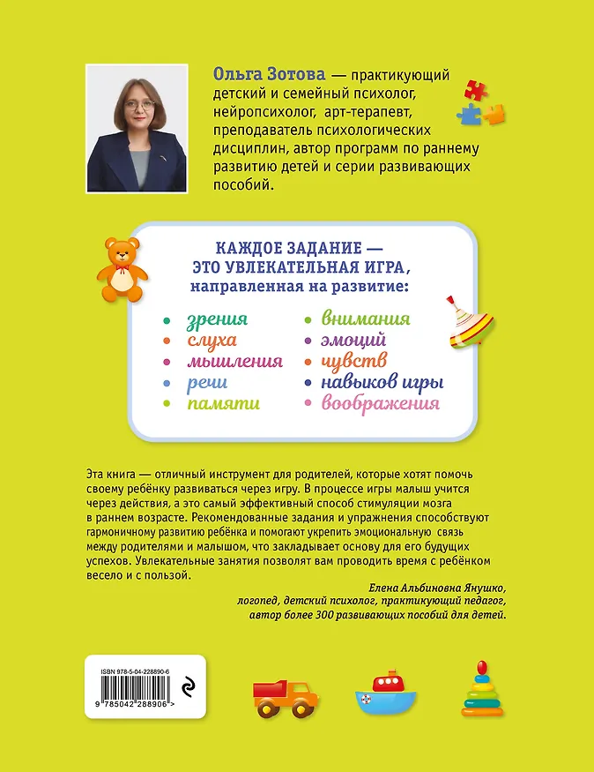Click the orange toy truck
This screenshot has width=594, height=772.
pos(285,698)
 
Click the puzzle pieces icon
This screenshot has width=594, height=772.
pos(480,101)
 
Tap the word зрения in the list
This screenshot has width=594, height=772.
pos(218,319)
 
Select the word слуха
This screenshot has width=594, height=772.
pos(212,340)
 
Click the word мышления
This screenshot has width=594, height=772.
pos(234,361)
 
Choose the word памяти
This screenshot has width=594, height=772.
pos(223,403)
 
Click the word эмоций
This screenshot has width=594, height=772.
pos(353,340)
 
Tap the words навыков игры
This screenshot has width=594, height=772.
pos(382,382)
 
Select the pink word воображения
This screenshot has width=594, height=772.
pos(381,403)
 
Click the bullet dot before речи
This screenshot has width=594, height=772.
pos(166,383)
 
